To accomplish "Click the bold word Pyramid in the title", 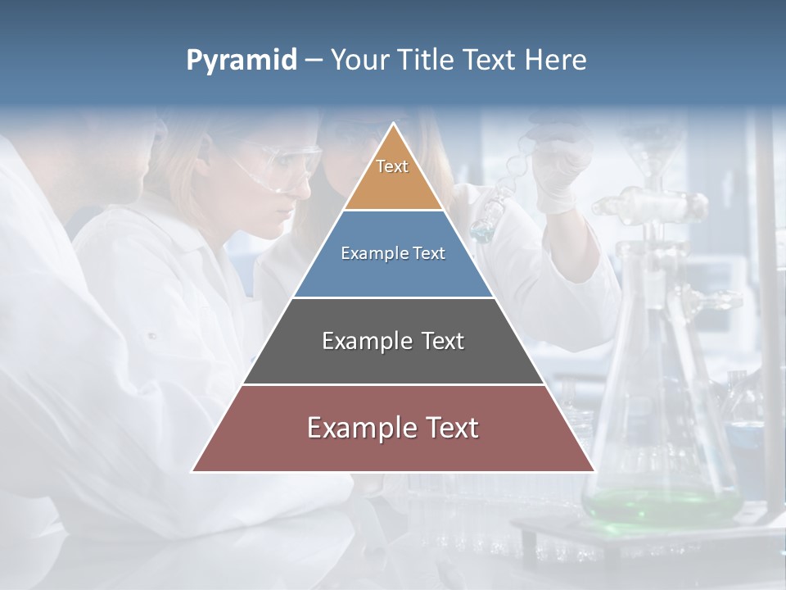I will click(x=242, y=61).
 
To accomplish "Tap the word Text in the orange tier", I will click(x=392, y=166).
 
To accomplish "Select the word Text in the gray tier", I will click(x=442, y=341).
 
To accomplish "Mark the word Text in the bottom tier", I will click(x=451, y=428).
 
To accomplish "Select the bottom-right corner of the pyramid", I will click(x=593, y=471).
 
